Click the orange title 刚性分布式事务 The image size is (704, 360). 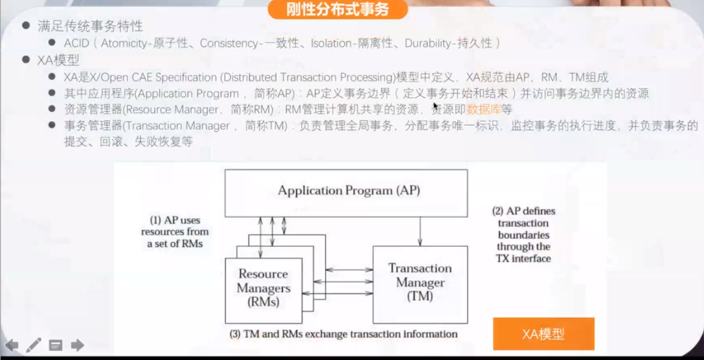338,9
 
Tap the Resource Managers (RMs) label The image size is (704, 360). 263,288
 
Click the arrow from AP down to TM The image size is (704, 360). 421,231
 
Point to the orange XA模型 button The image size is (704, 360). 543,334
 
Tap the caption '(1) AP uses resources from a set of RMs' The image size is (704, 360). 175,231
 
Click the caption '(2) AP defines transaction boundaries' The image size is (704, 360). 523,234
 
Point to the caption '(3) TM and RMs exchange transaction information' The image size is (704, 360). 344,333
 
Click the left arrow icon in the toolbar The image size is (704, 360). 12,345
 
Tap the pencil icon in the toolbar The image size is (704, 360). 33,345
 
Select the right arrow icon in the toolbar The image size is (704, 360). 77,345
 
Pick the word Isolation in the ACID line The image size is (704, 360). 331,44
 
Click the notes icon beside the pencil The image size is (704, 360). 56,345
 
